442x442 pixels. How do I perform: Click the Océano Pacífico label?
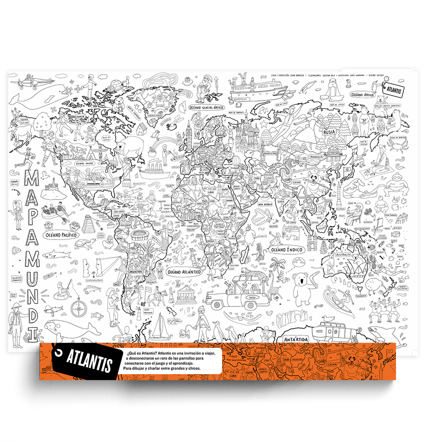(60, 235)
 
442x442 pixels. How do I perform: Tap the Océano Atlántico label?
(184, 272)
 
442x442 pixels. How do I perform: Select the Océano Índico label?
(287, 249)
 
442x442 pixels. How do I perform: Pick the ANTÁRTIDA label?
(296, 340)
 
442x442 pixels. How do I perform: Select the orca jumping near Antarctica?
(382, 333)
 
